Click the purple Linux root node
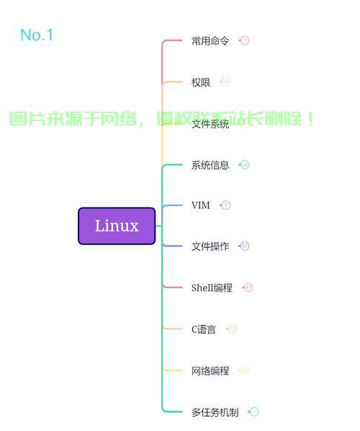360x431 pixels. [x=117, y=226]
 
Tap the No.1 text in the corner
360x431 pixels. [x=37, y=35]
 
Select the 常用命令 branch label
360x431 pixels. [x=210, y=41]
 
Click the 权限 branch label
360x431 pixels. [x=201, y=82]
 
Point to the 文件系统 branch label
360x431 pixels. [x=210, y=124]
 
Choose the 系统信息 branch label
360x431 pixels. [x=210, y=165]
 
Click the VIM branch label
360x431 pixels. [x=201, y=205]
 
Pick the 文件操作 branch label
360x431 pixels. [x=210, y=246]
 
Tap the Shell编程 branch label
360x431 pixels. [x=212, y=288]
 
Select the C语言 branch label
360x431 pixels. [x=204, y=329]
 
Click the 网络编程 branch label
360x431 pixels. [x=210, y=370]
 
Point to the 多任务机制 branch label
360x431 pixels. [x=215, y=412]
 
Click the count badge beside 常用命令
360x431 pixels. [x=245, y=41]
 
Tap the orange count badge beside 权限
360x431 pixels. [x=226, y=82]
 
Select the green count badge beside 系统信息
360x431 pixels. [x=245, y=165]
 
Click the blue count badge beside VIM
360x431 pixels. [x=226, y=205]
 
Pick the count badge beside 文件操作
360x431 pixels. [x=245, y=246]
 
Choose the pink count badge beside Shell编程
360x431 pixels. [x=248, y=288]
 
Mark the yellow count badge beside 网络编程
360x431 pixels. [x=245, y=370]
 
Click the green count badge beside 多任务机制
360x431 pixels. [x=254, y=412]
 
